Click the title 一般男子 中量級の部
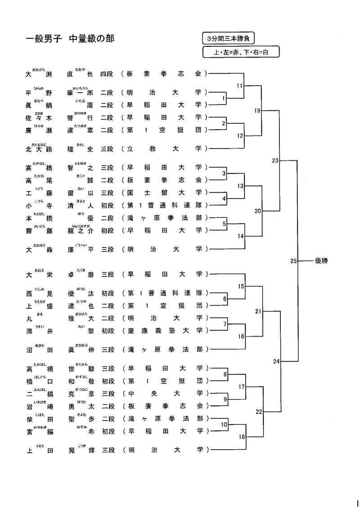(70, 39)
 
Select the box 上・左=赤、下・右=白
(241, 52)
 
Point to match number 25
(294, 261)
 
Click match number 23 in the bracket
(276, 160)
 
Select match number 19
(257, 110)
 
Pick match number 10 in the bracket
(224, 424)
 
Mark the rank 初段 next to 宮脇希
(107, 431)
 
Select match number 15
(241, 286)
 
